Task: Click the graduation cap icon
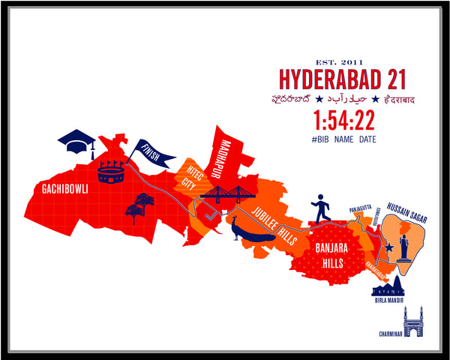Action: click(x=77, y=140)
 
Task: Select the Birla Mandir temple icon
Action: click(x=388, y=287)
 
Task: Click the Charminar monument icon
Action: click(x=413, y=321)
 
